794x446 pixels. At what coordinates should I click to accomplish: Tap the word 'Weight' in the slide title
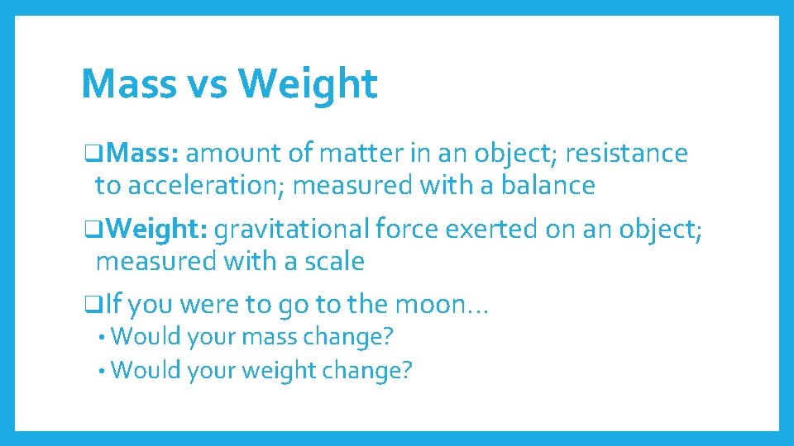click(x=307, y=84)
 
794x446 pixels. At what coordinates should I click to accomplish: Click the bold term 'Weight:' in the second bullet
click(x=157, y=230)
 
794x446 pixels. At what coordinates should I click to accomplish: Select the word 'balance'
click(x=543, y=186)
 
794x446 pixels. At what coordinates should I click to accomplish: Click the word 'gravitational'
click(x=293, y=230)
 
